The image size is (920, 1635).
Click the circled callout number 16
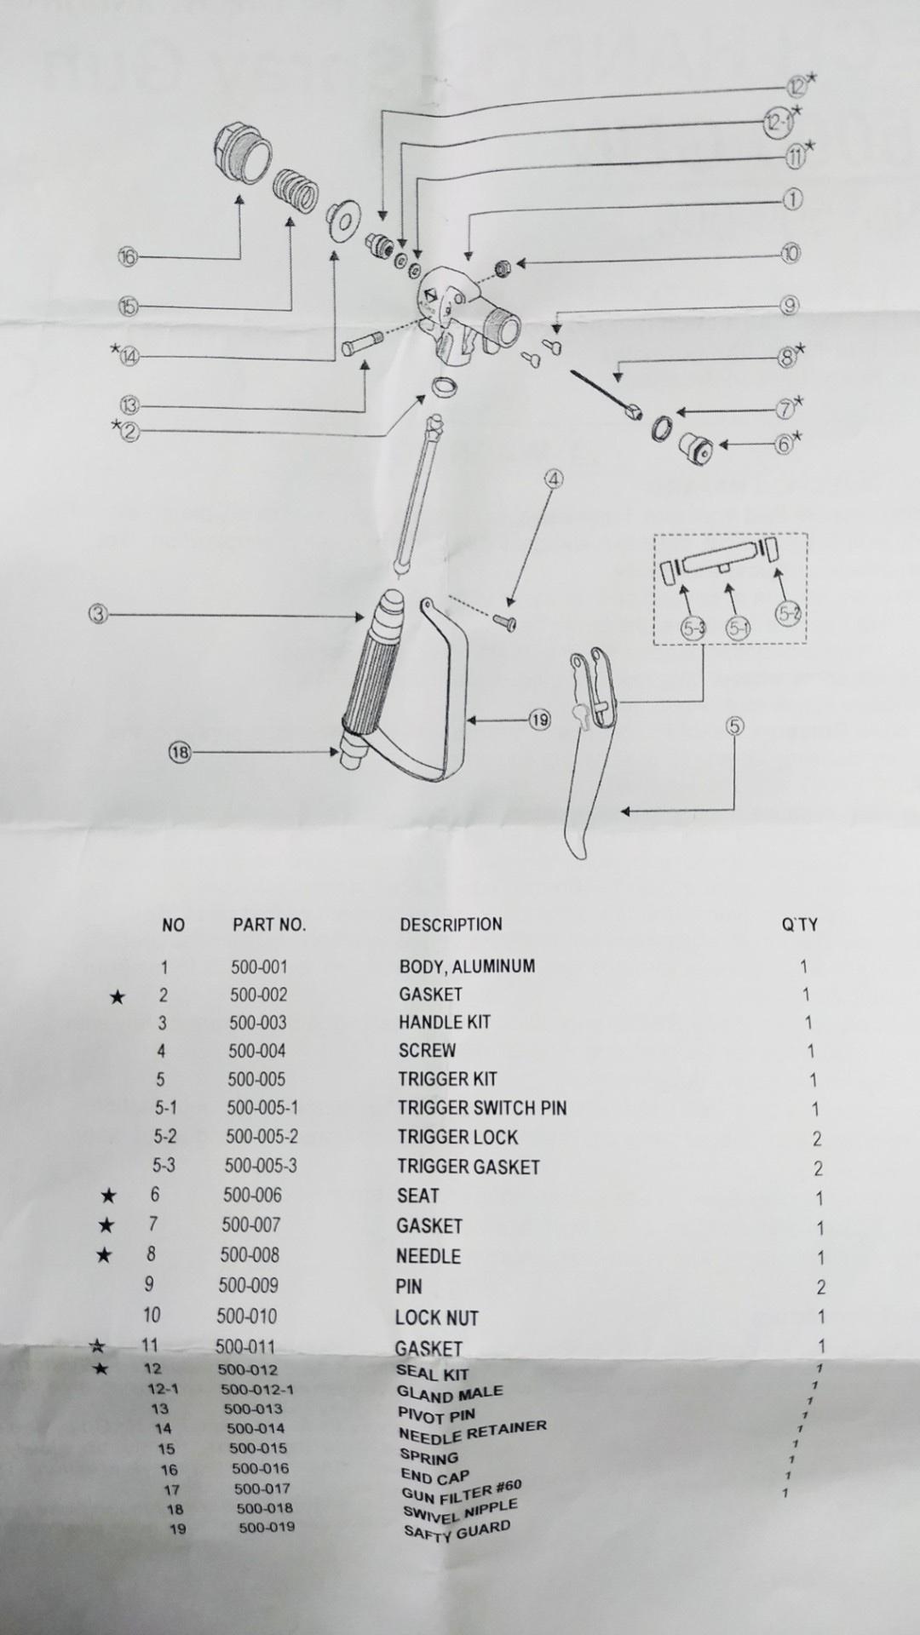[x=128, y=256]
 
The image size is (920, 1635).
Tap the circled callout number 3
[x=99, y=614]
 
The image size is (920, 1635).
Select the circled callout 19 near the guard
[x=540, y=720]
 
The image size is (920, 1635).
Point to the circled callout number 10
[x=791, y=253]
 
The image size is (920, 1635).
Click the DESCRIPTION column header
[x=451, y=924]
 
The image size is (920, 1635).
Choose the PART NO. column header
[x=269, y=925]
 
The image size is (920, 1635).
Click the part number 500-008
[x=250, y=1254]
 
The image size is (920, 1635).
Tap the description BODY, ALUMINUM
[x=467, y=967]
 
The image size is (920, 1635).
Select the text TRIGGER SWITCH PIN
[x=481, y=1108]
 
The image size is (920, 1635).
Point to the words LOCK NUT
[x=436, y=1317]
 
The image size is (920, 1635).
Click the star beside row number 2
[x=118, y=996]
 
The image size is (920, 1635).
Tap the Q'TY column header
[x=799, y=925]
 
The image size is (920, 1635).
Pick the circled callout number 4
[x=554, y=479]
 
